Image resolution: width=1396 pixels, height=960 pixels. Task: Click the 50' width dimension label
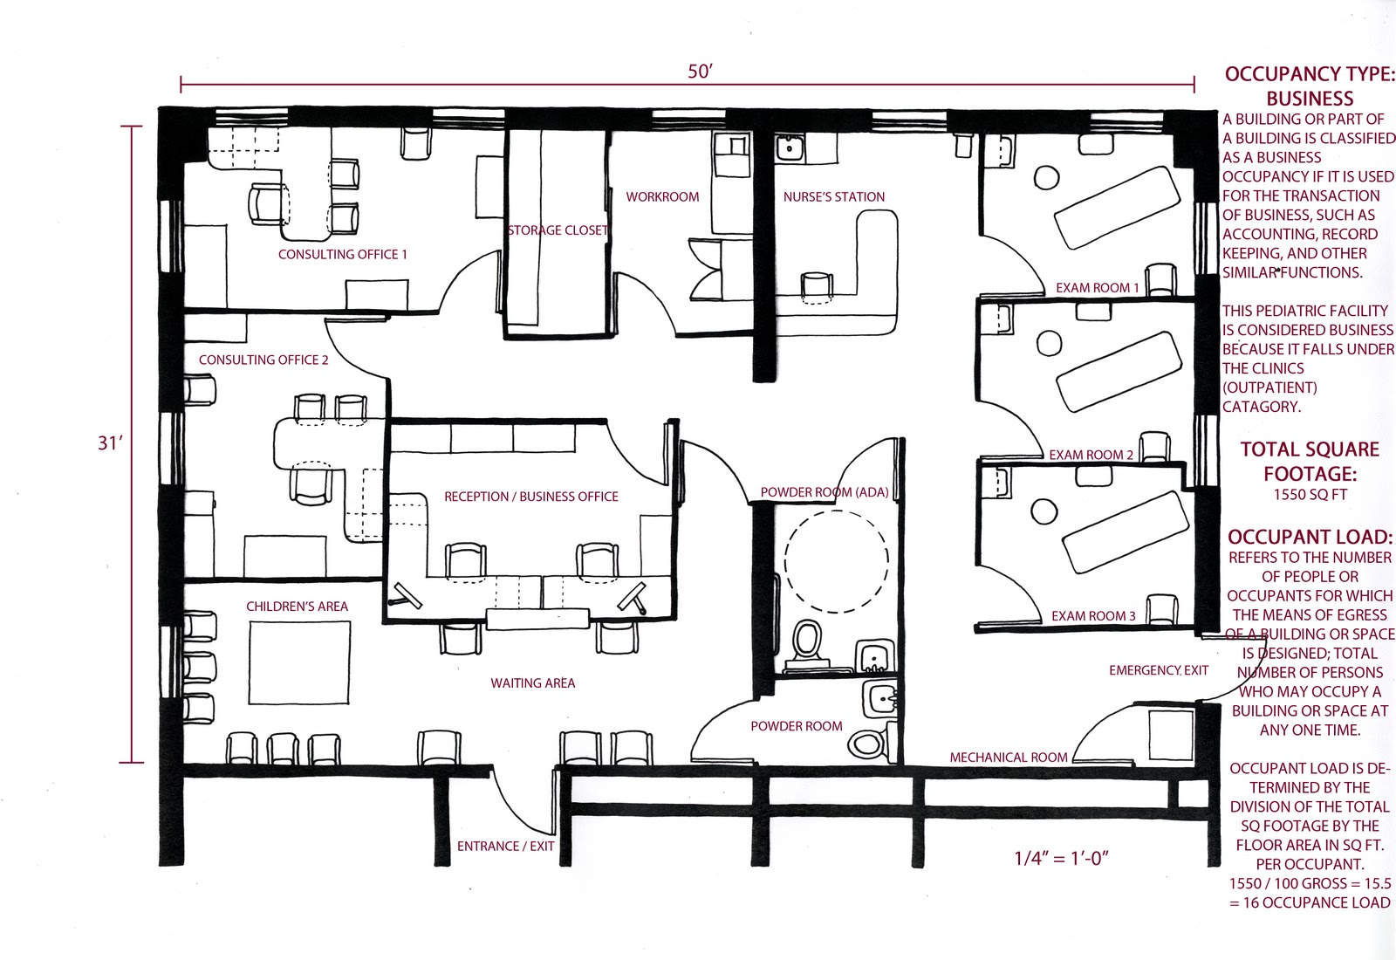pos(700,72)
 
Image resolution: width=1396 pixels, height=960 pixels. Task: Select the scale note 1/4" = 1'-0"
pos(1061,858)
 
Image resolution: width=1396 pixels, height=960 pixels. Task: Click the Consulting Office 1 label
pos(343,255)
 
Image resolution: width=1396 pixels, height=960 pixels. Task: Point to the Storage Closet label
pos(558,230)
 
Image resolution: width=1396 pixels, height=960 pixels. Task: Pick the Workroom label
pos(662,197)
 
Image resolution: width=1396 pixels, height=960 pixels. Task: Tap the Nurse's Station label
pos(833,197)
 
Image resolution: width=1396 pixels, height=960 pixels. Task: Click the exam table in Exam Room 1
pos(1114,209)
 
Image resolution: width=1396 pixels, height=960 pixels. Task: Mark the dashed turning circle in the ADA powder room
pos(837,561)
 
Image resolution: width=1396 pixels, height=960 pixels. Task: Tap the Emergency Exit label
pos(1158,670)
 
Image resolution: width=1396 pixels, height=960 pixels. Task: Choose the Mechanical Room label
pos(1008,758)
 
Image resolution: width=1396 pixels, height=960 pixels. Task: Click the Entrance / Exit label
pos(505,847)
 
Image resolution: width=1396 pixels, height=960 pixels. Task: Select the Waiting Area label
pos(532,683)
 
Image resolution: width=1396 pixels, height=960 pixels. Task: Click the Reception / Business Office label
pos(530,497)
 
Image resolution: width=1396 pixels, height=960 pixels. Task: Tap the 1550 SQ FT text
pos(1310,495)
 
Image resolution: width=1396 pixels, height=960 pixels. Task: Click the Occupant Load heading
pos(1309,537)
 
